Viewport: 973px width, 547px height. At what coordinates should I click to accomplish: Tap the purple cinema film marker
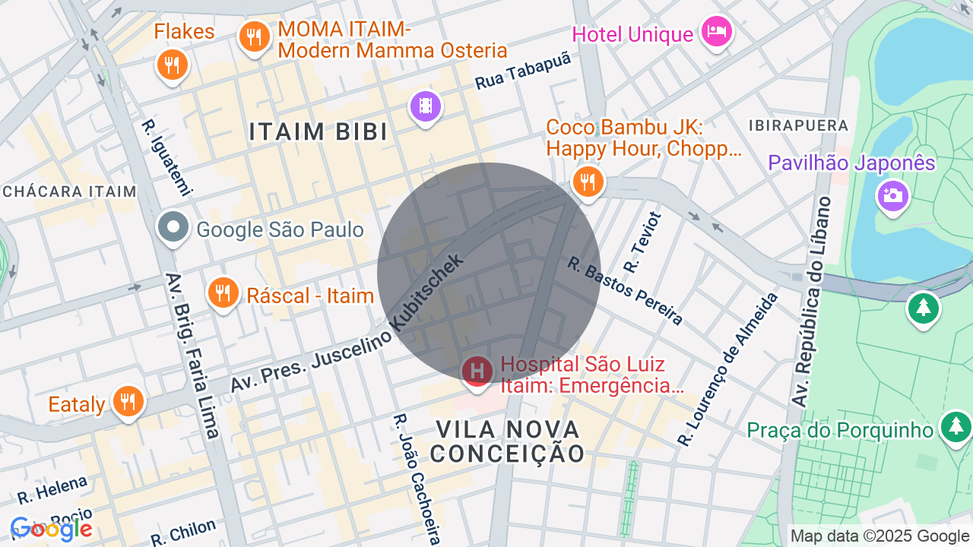pos(426,106)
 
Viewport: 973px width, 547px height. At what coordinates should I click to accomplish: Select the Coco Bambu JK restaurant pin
pos(588,182)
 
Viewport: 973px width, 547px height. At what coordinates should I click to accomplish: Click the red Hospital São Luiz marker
pos(477,372)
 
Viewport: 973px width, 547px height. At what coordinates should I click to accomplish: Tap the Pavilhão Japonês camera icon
pos(892,196)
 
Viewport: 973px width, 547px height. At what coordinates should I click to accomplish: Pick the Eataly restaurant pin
pos(128,400)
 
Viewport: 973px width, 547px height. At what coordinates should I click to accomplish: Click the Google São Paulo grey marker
pos(173,227)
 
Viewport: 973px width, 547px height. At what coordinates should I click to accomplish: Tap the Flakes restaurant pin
pos(173,64)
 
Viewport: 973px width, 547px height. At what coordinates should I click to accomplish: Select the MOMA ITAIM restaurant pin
pos(254,36)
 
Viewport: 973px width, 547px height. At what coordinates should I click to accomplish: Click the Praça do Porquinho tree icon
pos(956,427)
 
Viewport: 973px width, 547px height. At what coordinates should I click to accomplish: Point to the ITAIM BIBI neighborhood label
pos(319,131)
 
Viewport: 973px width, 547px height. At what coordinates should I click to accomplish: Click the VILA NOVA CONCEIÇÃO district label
pos(508,441)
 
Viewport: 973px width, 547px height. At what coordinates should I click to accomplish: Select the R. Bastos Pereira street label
pos(626,291)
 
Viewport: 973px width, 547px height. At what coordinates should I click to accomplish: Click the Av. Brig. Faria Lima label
pos(192,355)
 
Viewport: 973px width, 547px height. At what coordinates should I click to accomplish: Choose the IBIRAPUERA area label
pos(798,125)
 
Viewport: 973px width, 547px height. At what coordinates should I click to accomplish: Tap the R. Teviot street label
pos(642,242)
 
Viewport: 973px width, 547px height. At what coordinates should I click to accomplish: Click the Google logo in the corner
pos(51,529)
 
